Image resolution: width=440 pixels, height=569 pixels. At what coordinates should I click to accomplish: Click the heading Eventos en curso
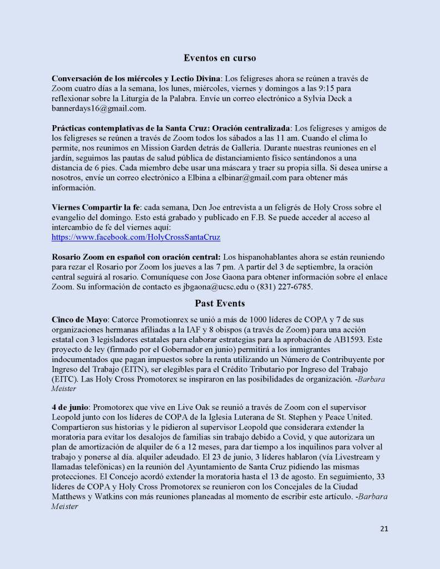220,57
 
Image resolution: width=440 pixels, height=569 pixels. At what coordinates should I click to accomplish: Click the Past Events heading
220,303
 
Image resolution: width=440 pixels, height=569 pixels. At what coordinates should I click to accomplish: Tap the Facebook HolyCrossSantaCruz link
136,237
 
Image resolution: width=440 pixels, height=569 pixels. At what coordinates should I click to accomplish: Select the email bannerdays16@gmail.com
98,108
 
